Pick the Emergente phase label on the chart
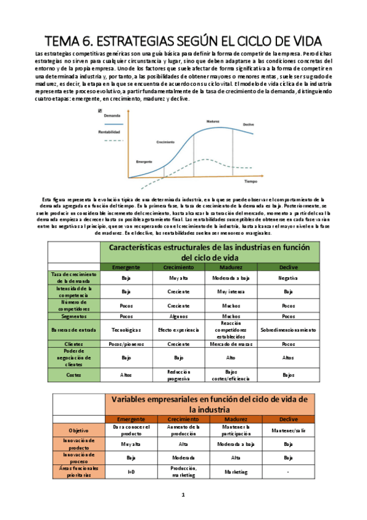(145, 161)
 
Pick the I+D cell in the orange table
(131, 472)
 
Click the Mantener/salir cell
(288, 430)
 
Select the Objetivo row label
(78, 430)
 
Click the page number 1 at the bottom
(183, 494)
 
